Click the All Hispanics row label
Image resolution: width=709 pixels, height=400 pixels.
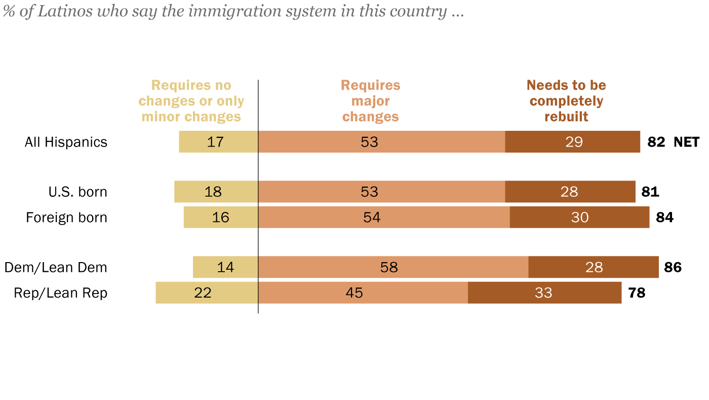tap(66, 142)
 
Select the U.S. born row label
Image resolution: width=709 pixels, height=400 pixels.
tap(77, 192)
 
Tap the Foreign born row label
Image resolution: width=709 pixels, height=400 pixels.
tap(66, 217)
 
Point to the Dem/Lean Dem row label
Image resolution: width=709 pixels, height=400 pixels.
tap(56, 268)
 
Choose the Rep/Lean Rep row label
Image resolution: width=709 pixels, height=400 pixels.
tap(61, 293)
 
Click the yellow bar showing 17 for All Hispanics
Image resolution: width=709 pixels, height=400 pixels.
tap(218, 142)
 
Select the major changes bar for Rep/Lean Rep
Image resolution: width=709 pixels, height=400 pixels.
tap(363, 293)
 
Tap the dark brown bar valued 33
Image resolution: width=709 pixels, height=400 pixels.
tap(544, 293)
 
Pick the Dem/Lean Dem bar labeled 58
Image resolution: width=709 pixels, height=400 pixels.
tap(393, 267)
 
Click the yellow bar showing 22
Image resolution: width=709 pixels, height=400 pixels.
tap(207, 293)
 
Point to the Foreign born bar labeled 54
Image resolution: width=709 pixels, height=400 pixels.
tap(383, 217)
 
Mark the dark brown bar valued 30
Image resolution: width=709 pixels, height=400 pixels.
tap(579, 217)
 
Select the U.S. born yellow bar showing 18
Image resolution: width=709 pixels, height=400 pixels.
tap(216, 192)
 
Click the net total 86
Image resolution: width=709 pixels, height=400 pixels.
tap(673, 267)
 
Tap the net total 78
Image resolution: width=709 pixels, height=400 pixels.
tap(637, 293)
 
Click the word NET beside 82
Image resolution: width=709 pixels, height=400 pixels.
tap(686, 142)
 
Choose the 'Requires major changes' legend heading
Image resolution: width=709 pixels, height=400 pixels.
tap(371, 101)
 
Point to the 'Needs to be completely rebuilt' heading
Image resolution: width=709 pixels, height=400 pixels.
tap(566, 101)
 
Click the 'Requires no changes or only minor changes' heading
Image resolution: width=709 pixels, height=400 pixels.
tap(191, 101)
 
